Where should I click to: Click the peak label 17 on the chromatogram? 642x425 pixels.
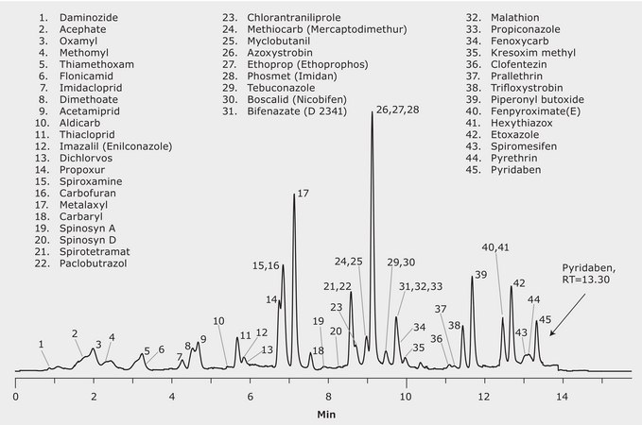pyautogui.click(x=303, y=194)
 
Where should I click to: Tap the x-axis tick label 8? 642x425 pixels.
pyautogui.click(x=328, y=397)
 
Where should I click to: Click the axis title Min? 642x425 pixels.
pyautogui.click(x=326, y=414)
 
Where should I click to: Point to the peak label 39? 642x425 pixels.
pyautogui.click(x=480, y=275)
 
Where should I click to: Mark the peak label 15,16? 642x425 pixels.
pyautogui.click(x=266, y=267)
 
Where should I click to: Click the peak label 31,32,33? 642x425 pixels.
pyautogui.click(x=422, y=286)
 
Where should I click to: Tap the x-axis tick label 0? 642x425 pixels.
pyautogui.click(x=16, y=397)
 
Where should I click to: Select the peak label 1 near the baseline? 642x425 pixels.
pyautogui.click(x=43, y=344)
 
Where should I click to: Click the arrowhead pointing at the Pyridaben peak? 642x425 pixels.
pyautogui.click(x=551, y=333)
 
